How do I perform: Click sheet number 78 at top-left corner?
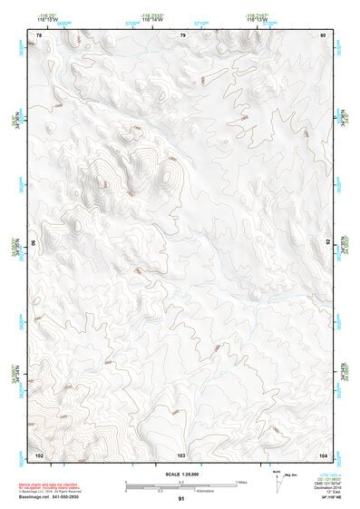coord(38,34)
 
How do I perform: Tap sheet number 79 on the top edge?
coord(182,34)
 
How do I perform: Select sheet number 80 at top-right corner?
coord(324,34)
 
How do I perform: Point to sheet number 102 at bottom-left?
coord(39,453)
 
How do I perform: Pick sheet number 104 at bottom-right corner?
coord(323,453)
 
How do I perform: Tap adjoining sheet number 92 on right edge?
coord(327,243)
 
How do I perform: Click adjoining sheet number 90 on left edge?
coord(35,243)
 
